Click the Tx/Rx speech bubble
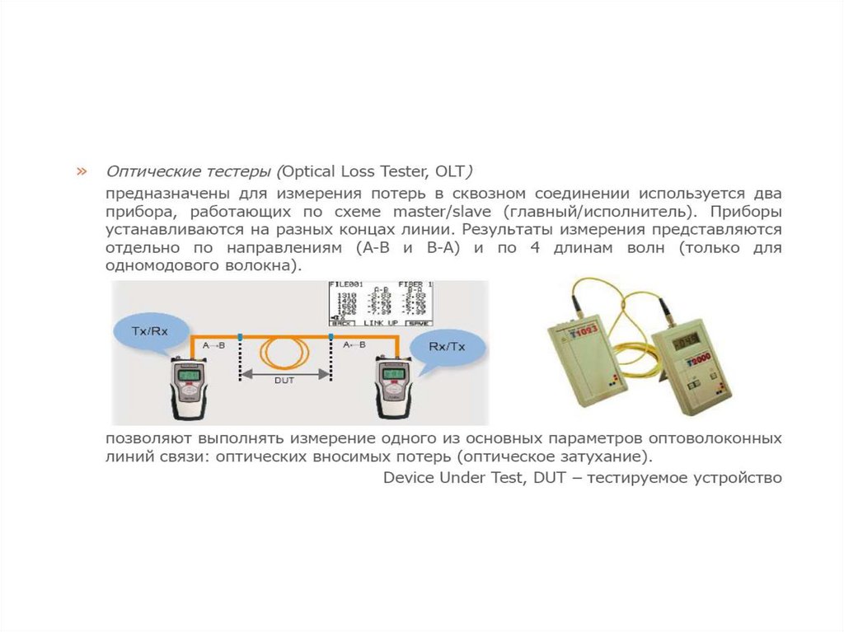[x=150, y=331]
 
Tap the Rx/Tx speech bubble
[x=447, y=346]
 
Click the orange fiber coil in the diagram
[x=284, y=352]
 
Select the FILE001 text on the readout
[x=347, y=284]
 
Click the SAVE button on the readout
[x=419, y=324]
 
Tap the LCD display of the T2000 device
[x=686, y=340]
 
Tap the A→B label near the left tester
[x=213, y=345]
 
